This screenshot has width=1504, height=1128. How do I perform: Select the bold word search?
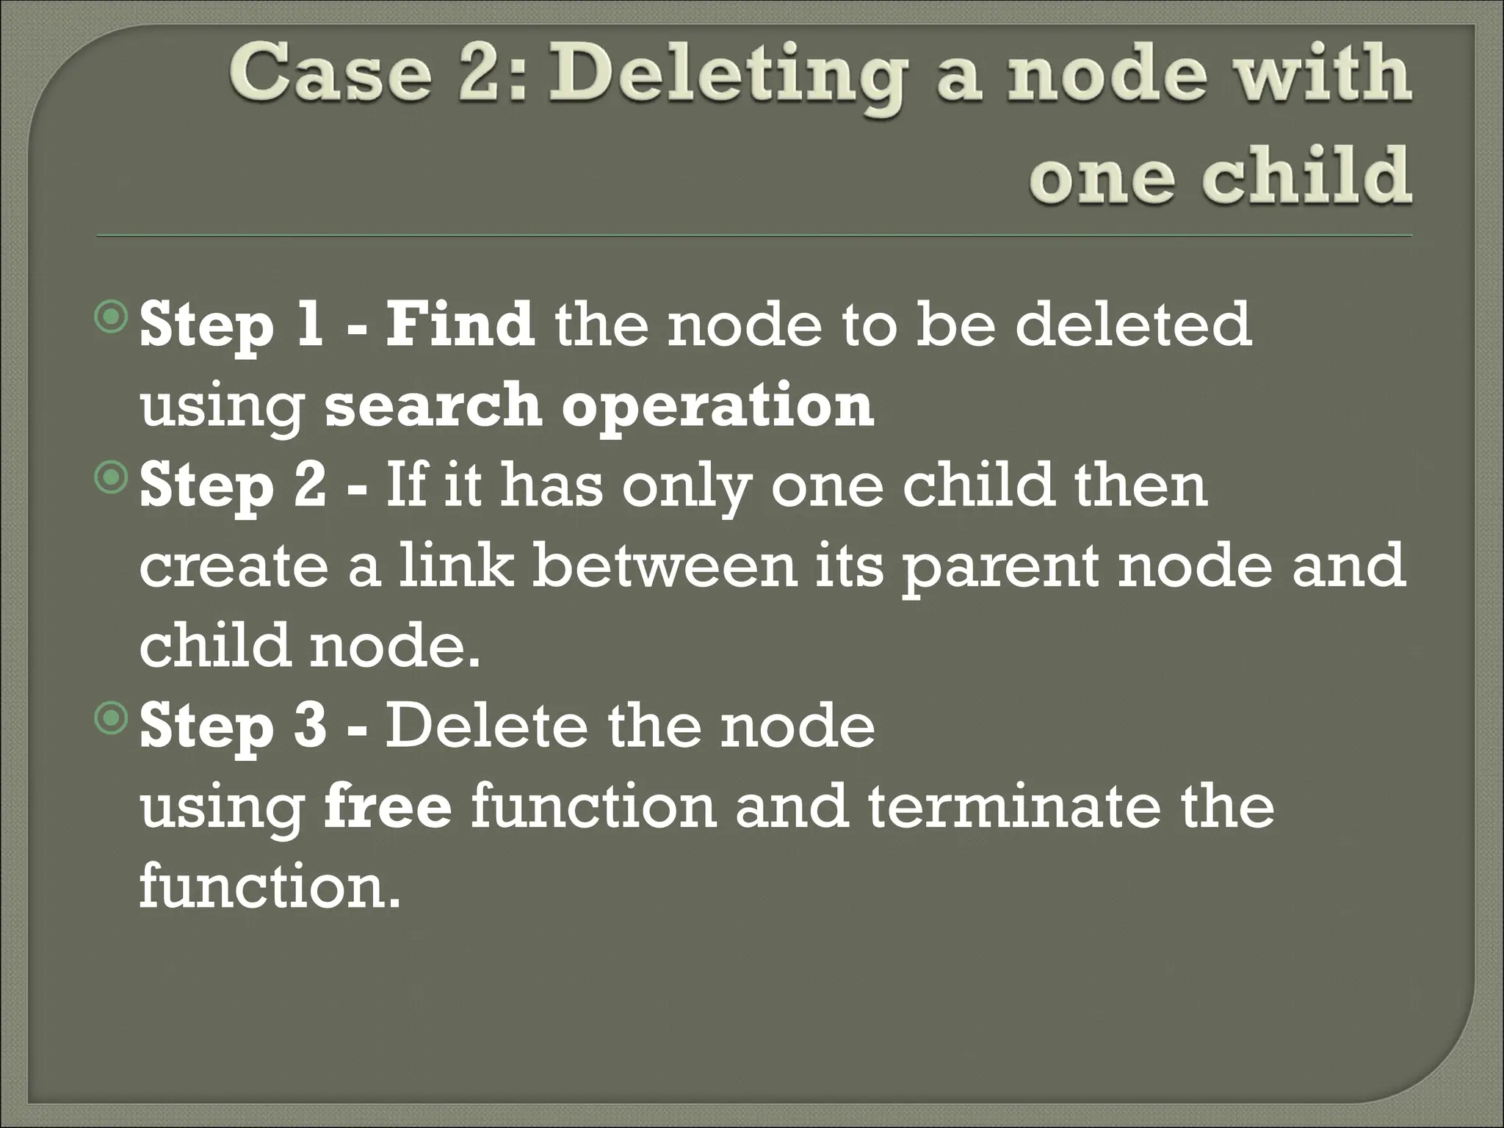coord(433,405)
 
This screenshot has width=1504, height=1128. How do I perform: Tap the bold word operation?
coord(717,406)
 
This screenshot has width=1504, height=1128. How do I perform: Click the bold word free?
coord(387,806)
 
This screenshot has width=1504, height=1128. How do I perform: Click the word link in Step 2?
coord(455,566)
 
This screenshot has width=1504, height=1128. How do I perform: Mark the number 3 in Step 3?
coord(310,726)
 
